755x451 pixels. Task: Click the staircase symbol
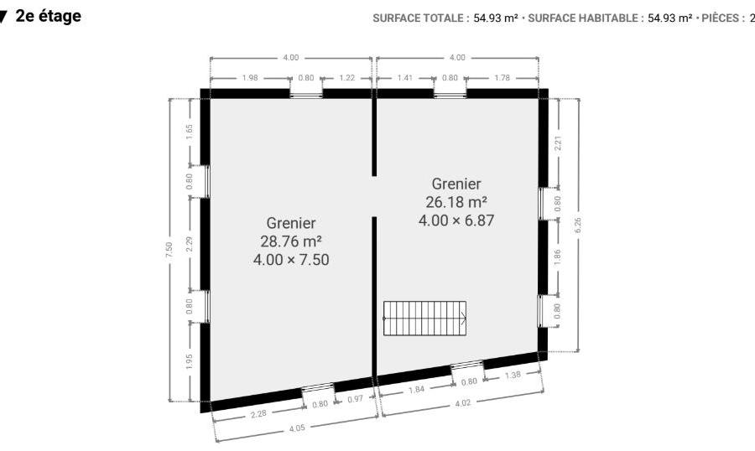424,319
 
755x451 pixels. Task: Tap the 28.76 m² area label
291,241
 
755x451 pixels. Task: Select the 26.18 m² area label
456,201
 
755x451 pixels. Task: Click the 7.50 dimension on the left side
169,249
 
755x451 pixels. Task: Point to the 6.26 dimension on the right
578,225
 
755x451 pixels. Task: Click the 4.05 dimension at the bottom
297,428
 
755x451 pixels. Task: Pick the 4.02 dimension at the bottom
463,403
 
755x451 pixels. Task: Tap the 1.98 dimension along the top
250,77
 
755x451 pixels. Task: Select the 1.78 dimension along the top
502,77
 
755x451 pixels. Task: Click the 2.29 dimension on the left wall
190,244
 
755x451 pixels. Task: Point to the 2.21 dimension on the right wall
558,143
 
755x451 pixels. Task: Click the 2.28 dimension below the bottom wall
258,413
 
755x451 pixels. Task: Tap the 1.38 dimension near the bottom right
513,375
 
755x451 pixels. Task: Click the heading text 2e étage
48,16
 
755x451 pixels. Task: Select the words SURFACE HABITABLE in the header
584,18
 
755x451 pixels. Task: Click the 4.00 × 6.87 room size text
456,220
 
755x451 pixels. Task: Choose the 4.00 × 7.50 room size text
291,260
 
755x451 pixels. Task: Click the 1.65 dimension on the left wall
190,132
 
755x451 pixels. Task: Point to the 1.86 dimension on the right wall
557,257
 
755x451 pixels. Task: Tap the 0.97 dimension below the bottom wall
355,398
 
